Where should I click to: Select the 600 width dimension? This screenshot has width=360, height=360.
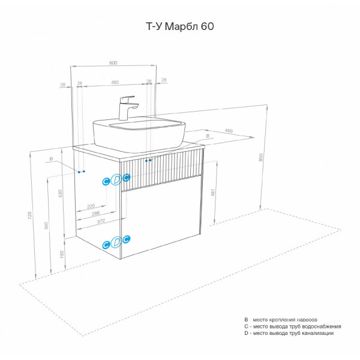[113, 62]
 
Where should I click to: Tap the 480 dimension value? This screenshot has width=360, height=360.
[114, 82]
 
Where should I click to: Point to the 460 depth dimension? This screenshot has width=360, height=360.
[229, 130]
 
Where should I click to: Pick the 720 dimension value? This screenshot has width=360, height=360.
[30, 214]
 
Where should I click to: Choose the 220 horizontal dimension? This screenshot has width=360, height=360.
[91, 205]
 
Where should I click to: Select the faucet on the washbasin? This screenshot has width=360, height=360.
[128, 107]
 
